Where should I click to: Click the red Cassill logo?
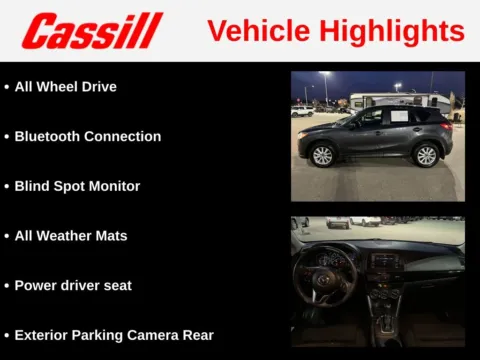92,31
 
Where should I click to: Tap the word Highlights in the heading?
391,31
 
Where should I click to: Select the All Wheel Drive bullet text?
66,87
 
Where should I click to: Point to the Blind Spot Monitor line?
77,186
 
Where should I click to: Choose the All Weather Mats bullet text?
71,236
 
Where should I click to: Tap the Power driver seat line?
73,285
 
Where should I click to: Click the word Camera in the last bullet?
165,335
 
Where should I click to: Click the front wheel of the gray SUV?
322,156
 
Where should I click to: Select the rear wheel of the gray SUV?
427,155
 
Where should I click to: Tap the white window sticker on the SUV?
398,116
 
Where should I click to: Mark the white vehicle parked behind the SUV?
300,112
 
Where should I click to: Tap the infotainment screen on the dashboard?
385,262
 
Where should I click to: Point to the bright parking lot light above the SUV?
324,75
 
